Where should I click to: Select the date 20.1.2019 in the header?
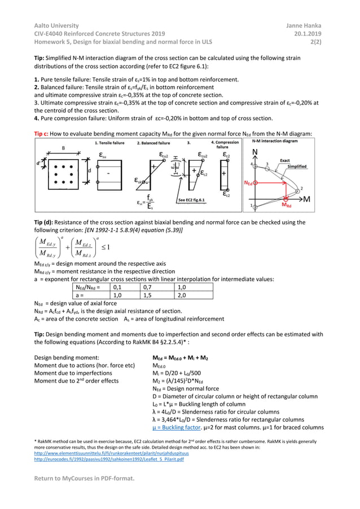pos(310,33)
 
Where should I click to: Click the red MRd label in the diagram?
pos(287,205)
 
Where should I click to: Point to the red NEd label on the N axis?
pos(248,183)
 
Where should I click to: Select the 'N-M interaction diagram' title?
pos(283,141)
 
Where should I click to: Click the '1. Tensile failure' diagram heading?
pos(109,143)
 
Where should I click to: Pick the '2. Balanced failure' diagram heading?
pos(153,143)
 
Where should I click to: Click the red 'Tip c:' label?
pos(43,133)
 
